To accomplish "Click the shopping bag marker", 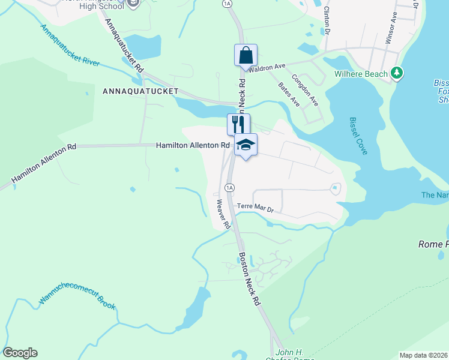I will [x=246, y=55].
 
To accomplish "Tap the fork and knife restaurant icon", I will [x=238, y=124].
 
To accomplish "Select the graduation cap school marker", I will [x=246, y=145].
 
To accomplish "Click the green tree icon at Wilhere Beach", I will [x=396, y=73].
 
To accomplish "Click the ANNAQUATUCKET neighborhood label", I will [x=140, y=91].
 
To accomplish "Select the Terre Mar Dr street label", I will [x=255, y=207].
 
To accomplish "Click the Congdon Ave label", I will [x=305, y=89].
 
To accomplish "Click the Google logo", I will [x=20, y=353].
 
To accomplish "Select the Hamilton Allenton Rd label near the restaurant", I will [x=193, y=145].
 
